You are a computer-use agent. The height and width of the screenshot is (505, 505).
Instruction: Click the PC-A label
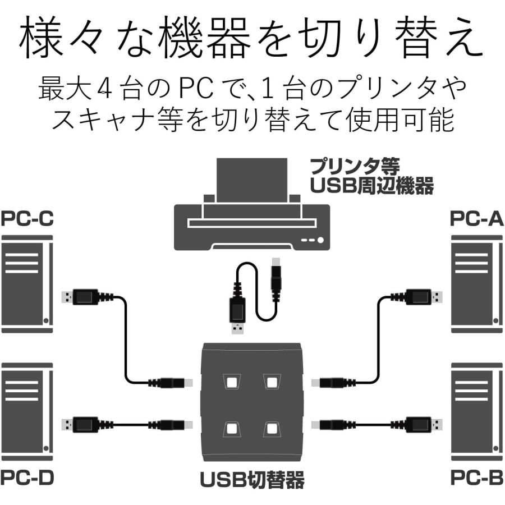476,218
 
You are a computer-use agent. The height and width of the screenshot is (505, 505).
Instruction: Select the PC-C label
27,218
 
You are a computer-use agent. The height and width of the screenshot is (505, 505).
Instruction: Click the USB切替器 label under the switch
252,480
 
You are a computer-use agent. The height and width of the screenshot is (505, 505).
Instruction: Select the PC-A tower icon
476,283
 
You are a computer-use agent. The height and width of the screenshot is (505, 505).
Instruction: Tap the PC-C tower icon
27,283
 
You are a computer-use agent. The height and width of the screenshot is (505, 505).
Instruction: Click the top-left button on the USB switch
231,383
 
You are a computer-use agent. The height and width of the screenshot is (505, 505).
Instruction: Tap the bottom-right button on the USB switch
272,429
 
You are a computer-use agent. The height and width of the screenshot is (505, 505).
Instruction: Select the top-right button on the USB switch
272,383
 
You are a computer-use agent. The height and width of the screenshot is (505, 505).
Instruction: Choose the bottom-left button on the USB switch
231,429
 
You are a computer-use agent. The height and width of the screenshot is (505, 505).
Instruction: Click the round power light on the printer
320,240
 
